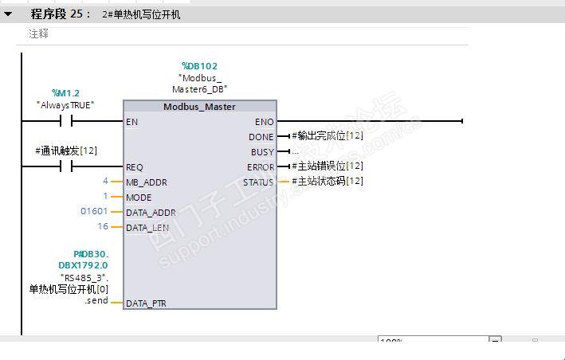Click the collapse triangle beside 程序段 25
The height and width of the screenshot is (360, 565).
[9, 14]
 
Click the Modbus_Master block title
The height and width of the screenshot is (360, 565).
[199, 107]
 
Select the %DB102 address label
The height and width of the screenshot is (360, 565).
[199, 66]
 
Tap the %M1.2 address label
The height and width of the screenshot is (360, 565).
[65, 93]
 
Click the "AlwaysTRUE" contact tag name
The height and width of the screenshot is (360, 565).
[65, 104]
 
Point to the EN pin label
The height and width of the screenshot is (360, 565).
[131, 122]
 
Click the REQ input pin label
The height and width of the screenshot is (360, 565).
[135, 167]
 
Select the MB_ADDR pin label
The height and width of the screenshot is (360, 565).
[147, 182]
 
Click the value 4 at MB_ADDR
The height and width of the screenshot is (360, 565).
[105, 182]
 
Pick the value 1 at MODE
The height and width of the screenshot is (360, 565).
[105, 196]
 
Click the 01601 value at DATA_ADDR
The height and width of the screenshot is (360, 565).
[94, 211]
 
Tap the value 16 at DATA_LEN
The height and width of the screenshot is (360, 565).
[103, 226]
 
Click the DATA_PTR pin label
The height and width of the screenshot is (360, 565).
[147, 303]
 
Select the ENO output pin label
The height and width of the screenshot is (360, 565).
[264, 122]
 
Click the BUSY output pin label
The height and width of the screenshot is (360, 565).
[262, 152]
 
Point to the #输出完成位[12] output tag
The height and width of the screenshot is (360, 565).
[327, 136]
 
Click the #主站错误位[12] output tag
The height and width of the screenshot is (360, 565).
[327, 166]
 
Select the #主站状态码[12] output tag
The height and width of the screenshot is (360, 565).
[327, 182]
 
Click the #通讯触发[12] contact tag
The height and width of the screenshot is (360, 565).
[66, 151]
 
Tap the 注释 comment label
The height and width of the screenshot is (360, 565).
[38, 34]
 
